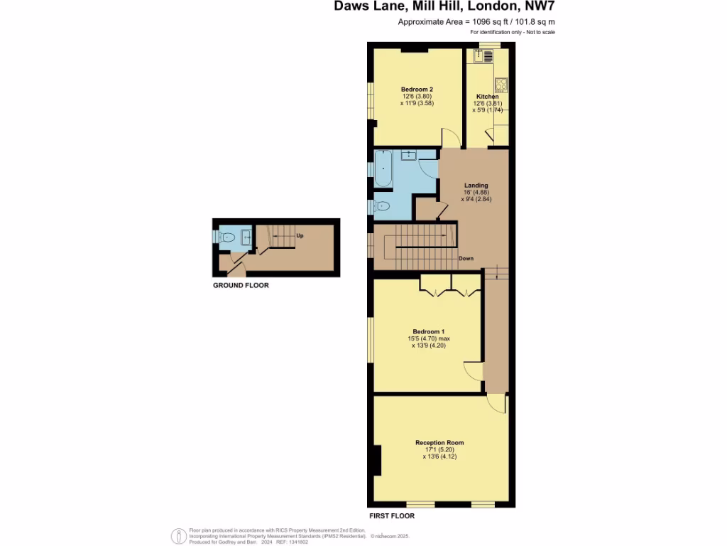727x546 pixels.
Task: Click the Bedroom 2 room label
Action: pos(417,89)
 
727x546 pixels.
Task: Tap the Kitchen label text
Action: pos(487,96)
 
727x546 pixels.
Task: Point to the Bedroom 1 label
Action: pos(428,331)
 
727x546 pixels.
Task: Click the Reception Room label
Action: pos(439,443)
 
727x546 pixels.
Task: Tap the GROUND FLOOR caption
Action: pos(241,285)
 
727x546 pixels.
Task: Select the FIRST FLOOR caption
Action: pos(391,515)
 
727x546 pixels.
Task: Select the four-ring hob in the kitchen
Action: pos(501,85)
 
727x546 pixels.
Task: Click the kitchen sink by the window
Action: pos(487,56)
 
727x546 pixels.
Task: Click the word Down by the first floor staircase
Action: pos(466,258)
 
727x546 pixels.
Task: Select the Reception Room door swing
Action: pos(498,403)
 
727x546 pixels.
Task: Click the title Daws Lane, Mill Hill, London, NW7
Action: pos(444,8)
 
